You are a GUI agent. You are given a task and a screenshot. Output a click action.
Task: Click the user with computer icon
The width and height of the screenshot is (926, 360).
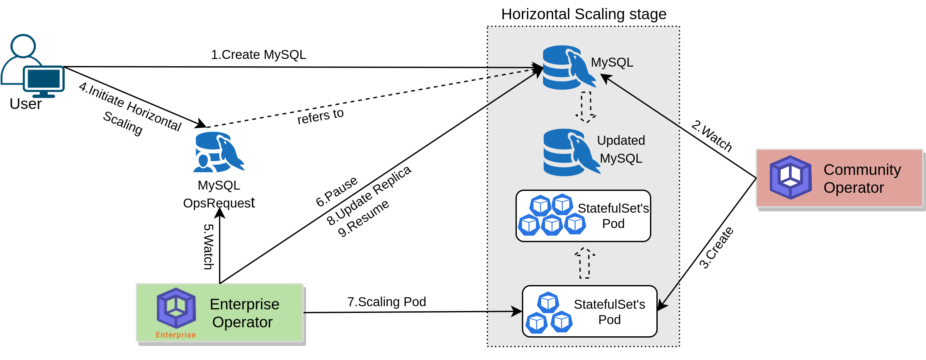(x=32, y=67)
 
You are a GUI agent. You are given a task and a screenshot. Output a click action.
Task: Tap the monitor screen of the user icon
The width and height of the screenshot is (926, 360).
(x=44, y=79)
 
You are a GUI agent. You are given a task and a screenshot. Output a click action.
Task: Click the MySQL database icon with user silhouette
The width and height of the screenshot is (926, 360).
(x=219, y=152)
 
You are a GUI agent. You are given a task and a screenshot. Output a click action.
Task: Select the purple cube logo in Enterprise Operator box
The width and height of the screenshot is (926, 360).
(x=176, y=308)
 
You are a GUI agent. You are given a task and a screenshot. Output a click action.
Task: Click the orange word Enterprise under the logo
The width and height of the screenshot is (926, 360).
(x=176, y=335)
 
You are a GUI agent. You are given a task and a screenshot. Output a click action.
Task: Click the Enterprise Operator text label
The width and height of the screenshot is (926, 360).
(x=244, y=313)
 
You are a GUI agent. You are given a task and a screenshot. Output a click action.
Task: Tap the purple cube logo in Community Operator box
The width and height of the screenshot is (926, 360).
(x=791, y=177)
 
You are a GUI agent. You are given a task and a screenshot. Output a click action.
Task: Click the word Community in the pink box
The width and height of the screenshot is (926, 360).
(x=862, y=169)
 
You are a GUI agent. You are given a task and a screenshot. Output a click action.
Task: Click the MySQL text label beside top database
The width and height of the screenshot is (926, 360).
(x=612, y=62)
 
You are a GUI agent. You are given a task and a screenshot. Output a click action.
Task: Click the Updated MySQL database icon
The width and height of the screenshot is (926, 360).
(x=569, y=152)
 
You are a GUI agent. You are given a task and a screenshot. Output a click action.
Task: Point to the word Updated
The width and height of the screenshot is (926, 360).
(x=621, y=140)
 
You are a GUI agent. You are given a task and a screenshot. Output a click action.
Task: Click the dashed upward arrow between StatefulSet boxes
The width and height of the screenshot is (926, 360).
(x=584, y=263)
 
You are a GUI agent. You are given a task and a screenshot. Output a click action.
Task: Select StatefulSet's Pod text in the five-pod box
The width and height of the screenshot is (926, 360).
(x=613, y=216)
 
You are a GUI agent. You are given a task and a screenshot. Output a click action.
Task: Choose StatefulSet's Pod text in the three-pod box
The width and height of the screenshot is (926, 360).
(x=609, y=312)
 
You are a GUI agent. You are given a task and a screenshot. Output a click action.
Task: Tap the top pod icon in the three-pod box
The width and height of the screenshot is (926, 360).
(x=548, y=302)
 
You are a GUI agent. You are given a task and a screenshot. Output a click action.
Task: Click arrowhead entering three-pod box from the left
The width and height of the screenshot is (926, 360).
(x=517, y=311)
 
